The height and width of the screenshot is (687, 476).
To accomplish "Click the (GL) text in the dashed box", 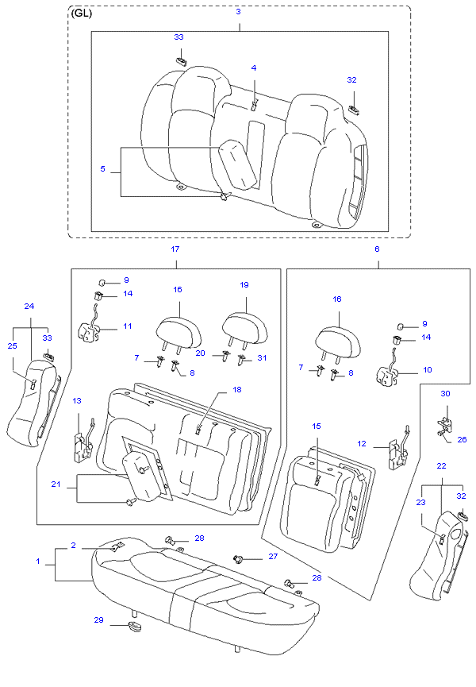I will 81,14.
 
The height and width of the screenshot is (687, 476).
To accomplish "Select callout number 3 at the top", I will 238,12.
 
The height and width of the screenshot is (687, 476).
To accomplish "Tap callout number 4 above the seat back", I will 254,68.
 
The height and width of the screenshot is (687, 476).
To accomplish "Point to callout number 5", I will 102,168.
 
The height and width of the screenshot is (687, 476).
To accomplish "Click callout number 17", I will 175,249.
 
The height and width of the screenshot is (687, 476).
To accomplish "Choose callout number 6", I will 377,249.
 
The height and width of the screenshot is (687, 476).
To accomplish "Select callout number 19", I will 245,284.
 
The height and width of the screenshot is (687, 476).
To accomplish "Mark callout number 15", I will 316,426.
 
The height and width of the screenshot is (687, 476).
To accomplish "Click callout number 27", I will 272,557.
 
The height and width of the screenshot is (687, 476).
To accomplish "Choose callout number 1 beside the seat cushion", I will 37,562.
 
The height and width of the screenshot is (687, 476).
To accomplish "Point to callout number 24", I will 29,306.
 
